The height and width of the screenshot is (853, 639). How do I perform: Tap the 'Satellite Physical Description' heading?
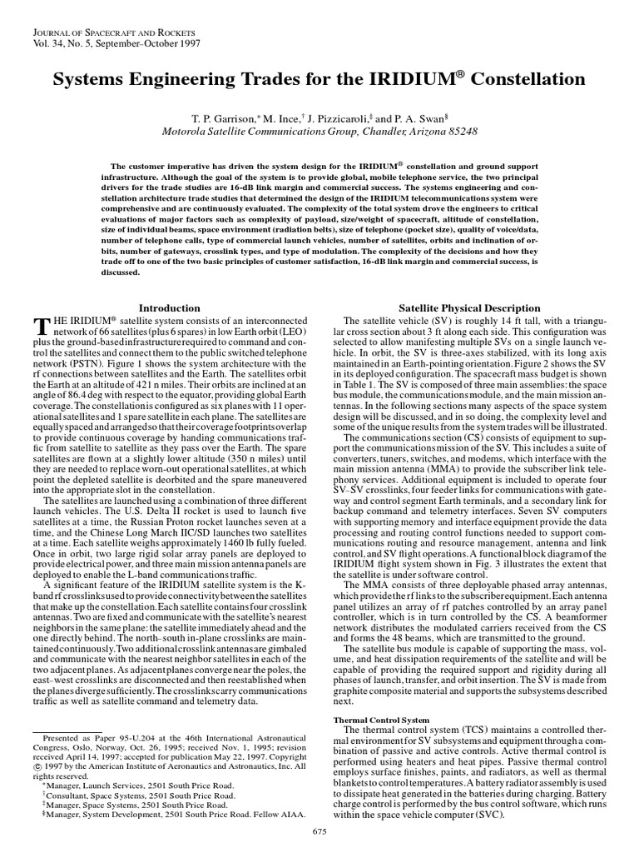(x=470, y=308)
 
